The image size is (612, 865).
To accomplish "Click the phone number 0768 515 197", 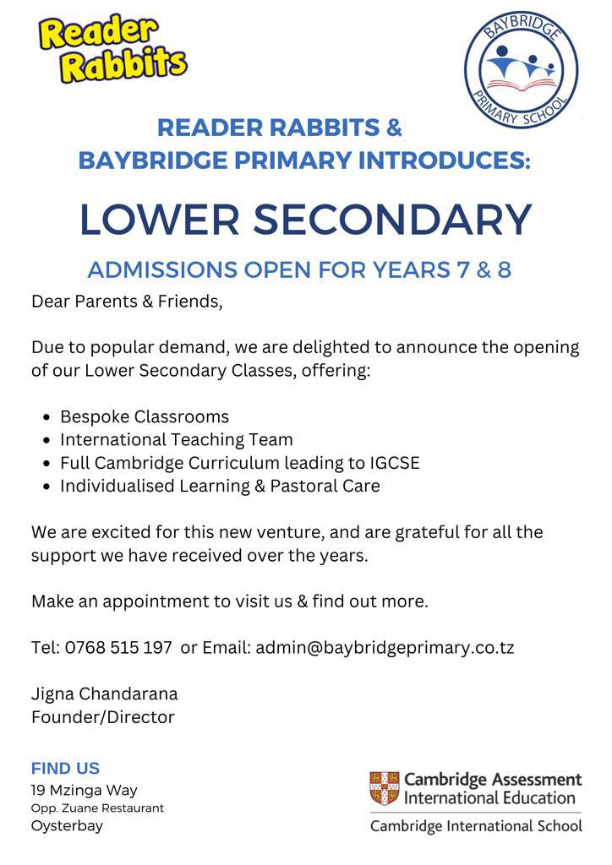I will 118,648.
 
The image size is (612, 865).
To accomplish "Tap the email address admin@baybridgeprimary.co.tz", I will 385,648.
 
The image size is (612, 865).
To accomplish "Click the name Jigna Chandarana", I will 105,694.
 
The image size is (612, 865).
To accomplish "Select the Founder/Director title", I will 103,717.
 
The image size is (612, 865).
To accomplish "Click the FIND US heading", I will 65,768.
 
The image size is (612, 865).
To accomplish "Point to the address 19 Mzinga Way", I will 84,791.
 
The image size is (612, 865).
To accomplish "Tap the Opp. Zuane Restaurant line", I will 97,808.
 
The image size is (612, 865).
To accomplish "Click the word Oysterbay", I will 67,826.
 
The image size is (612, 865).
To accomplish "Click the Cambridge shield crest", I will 385,787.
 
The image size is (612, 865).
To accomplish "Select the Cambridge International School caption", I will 476,826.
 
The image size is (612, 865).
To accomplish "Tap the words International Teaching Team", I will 177,440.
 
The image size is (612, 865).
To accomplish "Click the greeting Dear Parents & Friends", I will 127,301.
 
